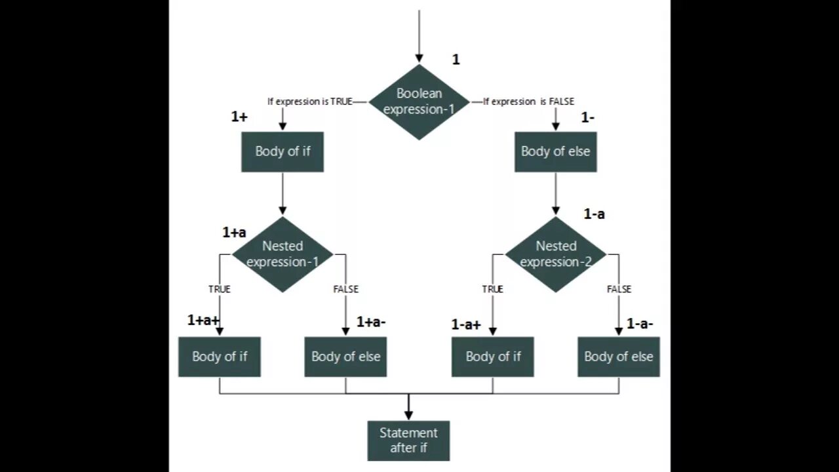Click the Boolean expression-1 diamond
[x=419, y=102]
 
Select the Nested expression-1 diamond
[x=283, y=254]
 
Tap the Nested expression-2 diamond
[x=556, y=254]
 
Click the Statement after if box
[x=408, y=441]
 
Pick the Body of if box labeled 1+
[x=283, y=151]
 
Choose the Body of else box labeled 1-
[x=555, y=151]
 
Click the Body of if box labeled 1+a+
[x=220, y=357]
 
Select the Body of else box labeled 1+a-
[x=345, y=357]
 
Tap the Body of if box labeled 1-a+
[x=493, y=357]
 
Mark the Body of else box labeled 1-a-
[x=619, y=357]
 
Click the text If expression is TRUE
[x=310, y=102]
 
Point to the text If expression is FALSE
[x=529, y=102]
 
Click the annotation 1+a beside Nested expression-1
[x=234, y=232]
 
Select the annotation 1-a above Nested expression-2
[x=594, y=214]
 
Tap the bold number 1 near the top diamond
[x=456, y=60]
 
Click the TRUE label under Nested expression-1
[x=220, y=289]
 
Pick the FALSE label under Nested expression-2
[x=619, y=289]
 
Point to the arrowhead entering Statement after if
[x=408, y=415]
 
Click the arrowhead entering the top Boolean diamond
[x=419, y=58]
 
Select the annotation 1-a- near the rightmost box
[x=640, y=323]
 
